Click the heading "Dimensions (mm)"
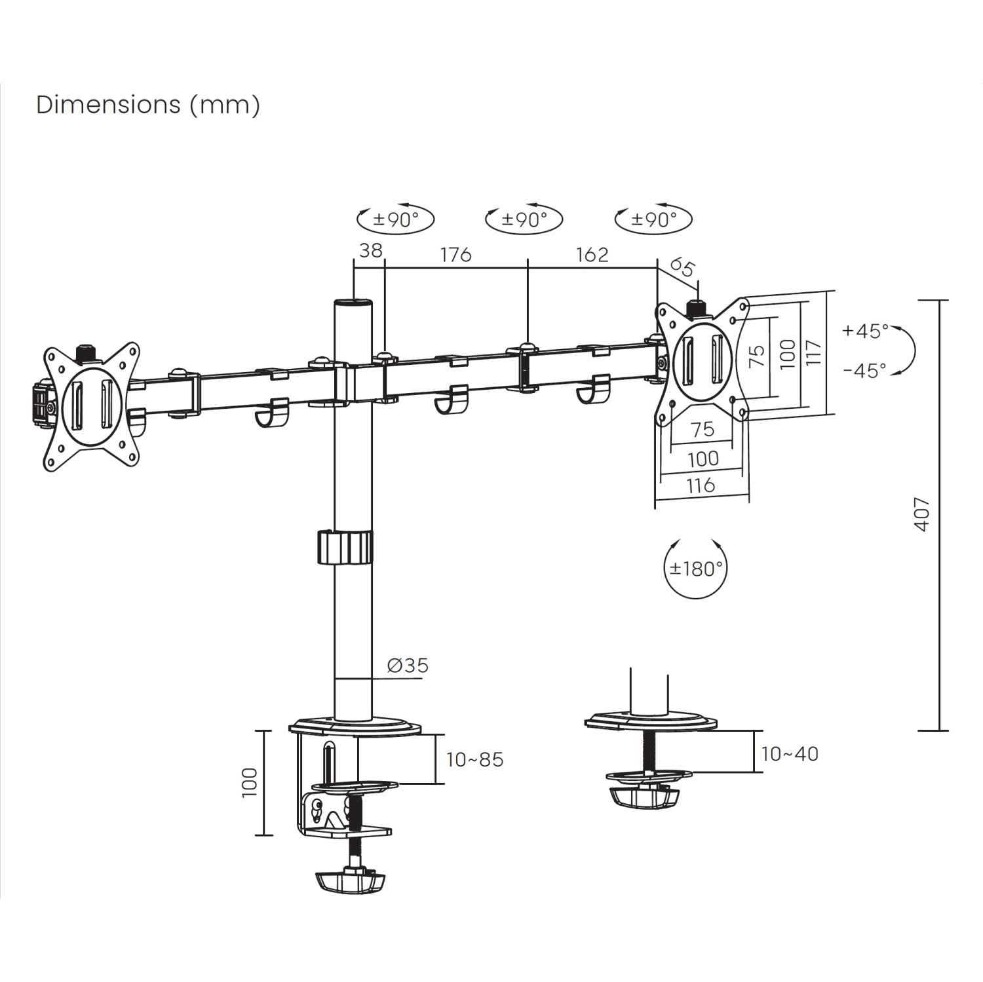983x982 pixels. (x=148, y=105)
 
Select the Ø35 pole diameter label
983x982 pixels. (x=408, y=666)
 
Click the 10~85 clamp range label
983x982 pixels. (x=475, y=760)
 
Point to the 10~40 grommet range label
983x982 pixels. (x=790, y=754)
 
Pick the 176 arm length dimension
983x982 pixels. (x=455, y=254)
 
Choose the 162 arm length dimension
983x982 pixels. (x=592, y=254)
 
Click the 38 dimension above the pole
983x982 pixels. (x=371, y=250)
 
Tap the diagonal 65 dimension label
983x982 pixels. (x=682, y=268)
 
